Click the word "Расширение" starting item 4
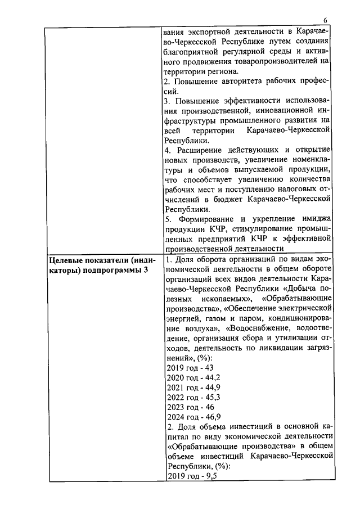(x=201, y=150)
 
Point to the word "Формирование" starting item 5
(x=207, y=219)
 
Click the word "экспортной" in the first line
(x=213, y=30)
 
